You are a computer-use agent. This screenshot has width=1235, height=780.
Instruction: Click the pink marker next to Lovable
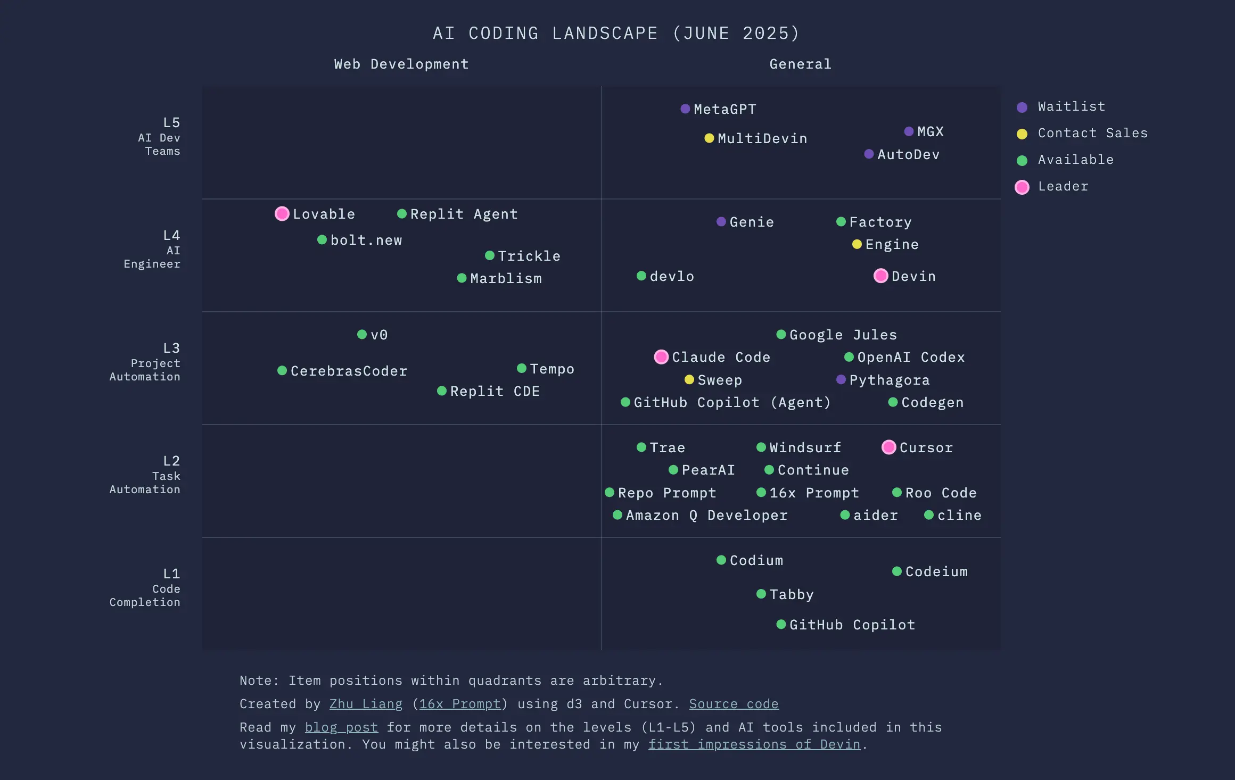coord(282,214)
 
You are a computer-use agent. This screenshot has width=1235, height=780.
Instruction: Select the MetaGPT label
coord(724,109)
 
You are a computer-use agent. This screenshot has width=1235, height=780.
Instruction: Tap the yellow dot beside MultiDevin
coord(709,138)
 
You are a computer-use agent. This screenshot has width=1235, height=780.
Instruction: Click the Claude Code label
coord(721,357)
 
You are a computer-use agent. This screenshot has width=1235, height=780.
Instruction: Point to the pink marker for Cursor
coord(888,447)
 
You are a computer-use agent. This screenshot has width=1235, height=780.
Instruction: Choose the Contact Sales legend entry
coord(1092,133)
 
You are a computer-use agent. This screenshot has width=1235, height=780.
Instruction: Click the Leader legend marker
coord(1022,187)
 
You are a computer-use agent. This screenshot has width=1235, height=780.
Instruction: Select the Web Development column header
coord(401,64)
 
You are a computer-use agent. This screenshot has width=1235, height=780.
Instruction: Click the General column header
coord(800,64)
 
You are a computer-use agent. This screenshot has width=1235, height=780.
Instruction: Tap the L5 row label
coord(171,123)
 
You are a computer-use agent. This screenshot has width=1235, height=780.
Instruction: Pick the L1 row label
coord(171,574)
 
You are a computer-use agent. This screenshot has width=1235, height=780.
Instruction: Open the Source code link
coord(734,704)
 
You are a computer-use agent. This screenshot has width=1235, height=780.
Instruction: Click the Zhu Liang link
coord(366,704)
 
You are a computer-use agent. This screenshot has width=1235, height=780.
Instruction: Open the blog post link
coord(341,727)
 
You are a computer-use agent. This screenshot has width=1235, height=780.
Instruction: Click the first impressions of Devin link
coord(754,744)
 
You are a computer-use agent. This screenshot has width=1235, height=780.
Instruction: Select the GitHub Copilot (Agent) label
coord(732,403)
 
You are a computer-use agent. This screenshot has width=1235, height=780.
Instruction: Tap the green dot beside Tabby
coord(761,594)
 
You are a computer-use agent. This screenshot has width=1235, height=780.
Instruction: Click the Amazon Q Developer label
coord(706,516)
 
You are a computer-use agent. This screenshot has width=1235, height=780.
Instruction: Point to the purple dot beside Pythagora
coord(841,379)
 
